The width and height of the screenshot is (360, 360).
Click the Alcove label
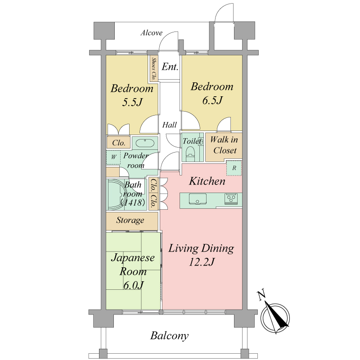pos(152,33)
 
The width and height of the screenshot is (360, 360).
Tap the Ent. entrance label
pos(170,67)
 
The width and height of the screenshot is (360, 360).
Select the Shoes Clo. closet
pos(153,68)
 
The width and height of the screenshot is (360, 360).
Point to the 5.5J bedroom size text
pos(132,102)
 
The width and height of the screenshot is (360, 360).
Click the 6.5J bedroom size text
pos(212,100)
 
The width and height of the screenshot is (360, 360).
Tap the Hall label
pos(170,125)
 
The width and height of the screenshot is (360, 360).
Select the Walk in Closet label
pos(224,145)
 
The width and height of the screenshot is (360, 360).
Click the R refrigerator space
pos(234,168)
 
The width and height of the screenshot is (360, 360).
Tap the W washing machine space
pos(113,157)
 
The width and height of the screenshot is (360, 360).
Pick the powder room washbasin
pos(145,143)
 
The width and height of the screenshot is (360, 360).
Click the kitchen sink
pos(198,199)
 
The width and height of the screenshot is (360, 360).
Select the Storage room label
pos(130,220)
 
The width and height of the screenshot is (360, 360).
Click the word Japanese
pos(133,258)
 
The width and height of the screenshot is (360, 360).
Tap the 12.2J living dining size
pos(202,262)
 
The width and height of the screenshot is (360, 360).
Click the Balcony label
pos(170,336)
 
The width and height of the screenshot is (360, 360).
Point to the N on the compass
pos(261,295)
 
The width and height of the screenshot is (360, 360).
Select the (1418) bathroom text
pos(133,202)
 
